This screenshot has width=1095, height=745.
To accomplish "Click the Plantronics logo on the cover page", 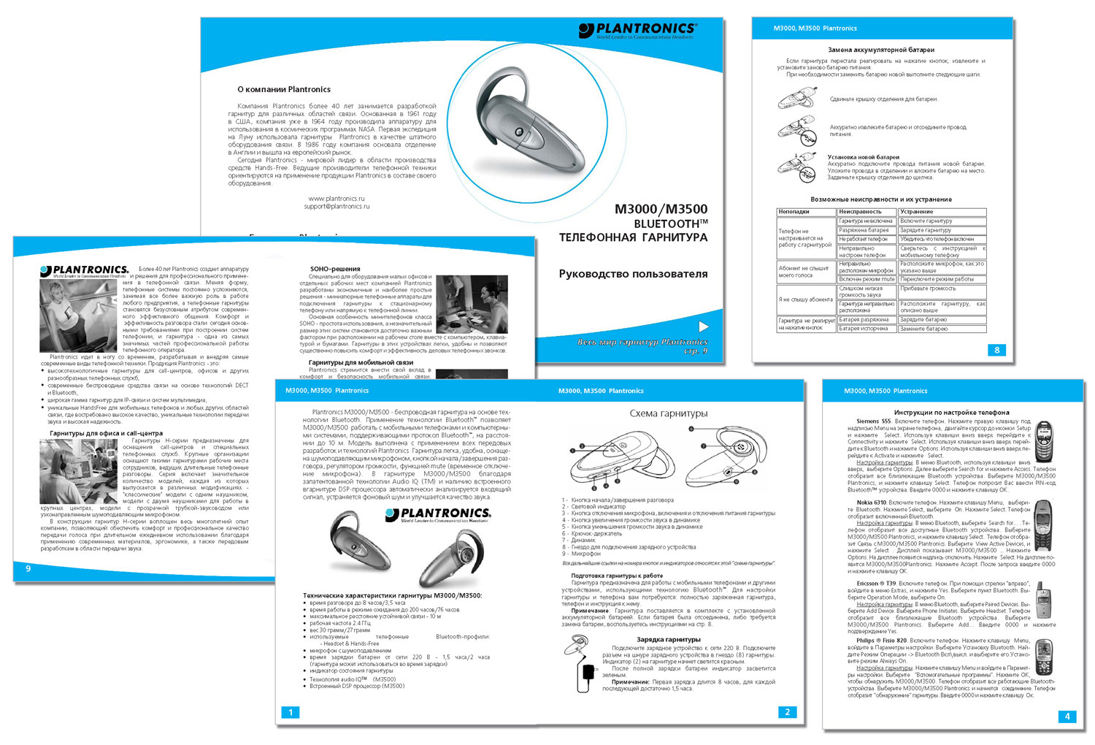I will click(637, 31).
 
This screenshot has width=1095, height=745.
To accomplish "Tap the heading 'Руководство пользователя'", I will click(633, 274).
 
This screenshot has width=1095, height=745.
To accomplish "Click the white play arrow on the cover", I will click(703, 326).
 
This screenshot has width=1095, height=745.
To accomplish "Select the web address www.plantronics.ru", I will click(337, 199).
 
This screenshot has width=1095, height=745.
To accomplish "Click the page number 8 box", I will click(997, 350).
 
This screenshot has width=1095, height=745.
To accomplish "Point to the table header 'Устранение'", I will click(916, 212).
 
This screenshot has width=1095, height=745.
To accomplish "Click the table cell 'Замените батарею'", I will click(923, 329).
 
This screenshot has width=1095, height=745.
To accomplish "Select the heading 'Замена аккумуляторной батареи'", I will click(880, 50).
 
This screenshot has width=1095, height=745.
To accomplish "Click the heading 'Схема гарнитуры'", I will click(669, 413).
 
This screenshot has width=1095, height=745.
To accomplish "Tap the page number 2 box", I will click(787, 712).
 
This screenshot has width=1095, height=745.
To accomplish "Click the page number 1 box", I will click(291, 712).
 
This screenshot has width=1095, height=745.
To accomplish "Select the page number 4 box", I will click(1067, 717).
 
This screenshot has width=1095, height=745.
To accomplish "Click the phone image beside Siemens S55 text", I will click(1045, 440).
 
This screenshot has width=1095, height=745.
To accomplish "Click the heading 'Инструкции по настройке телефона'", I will click(941, 413).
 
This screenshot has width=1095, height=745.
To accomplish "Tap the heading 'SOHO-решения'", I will click(335, 269).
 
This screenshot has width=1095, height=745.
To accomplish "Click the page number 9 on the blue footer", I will click(28, 568).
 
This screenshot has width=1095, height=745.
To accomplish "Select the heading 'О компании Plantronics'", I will click(284, 89).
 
